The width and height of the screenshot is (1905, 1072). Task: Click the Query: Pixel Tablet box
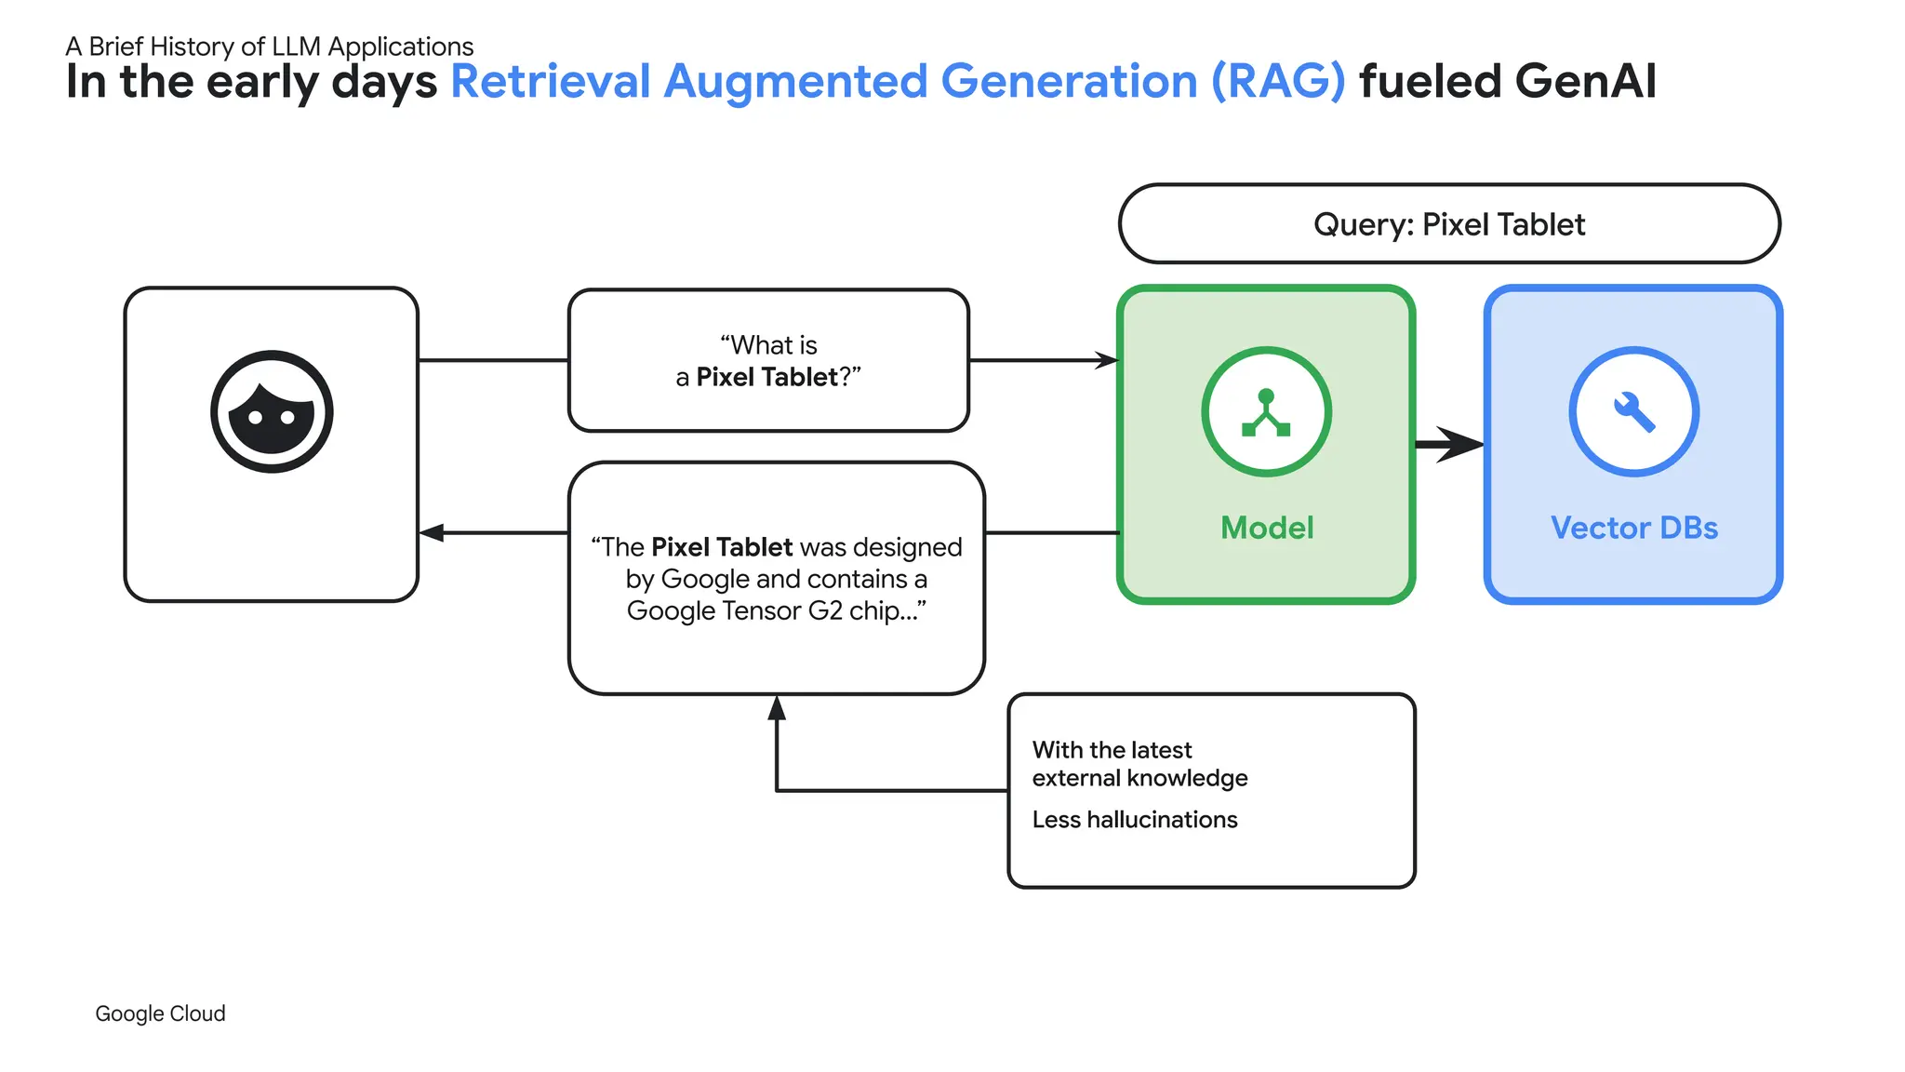pos(1448,224)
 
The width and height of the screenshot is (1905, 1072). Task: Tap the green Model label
pos(1266,528)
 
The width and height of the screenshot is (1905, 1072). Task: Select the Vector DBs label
pos(1633,528)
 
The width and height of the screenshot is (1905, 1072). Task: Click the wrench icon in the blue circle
pos(1634,411)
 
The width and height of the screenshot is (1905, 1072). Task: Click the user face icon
pos(272,411)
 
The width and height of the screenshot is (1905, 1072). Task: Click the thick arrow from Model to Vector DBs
pos(1449,445)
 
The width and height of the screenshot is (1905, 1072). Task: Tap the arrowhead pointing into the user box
pos(431,532)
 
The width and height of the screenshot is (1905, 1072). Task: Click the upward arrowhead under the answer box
pos(777,709)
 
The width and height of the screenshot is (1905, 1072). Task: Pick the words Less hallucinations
pos(1134,820)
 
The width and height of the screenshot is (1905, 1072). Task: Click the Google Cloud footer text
pos(160,1013)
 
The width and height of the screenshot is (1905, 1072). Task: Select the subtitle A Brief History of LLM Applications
pos(270,47)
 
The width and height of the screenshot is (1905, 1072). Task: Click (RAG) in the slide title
pos(1277,82)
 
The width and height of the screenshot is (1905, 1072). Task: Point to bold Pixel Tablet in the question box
pos(766,377)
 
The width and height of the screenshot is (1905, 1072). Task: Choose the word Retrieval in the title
pos(550,82)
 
